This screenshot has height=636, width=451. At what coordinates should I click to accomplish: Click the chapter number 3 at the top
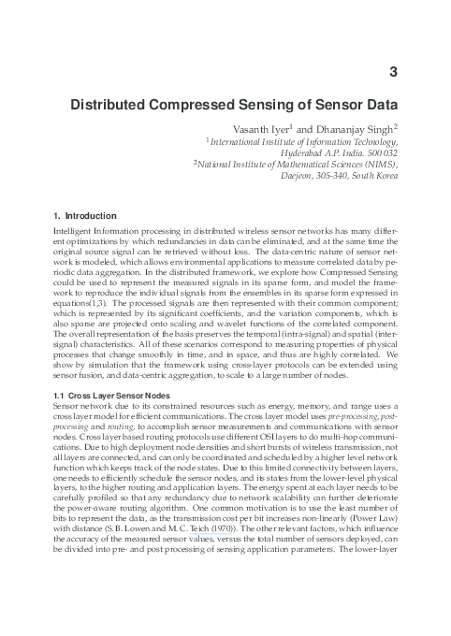coord(394,69)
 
